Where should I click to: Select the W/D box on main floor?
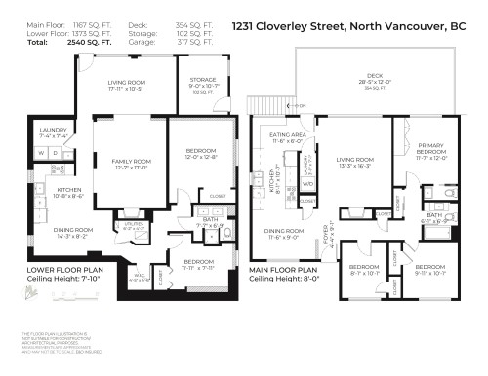pos(307,182)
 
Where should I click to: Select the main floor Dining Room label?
pos(285,233)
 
